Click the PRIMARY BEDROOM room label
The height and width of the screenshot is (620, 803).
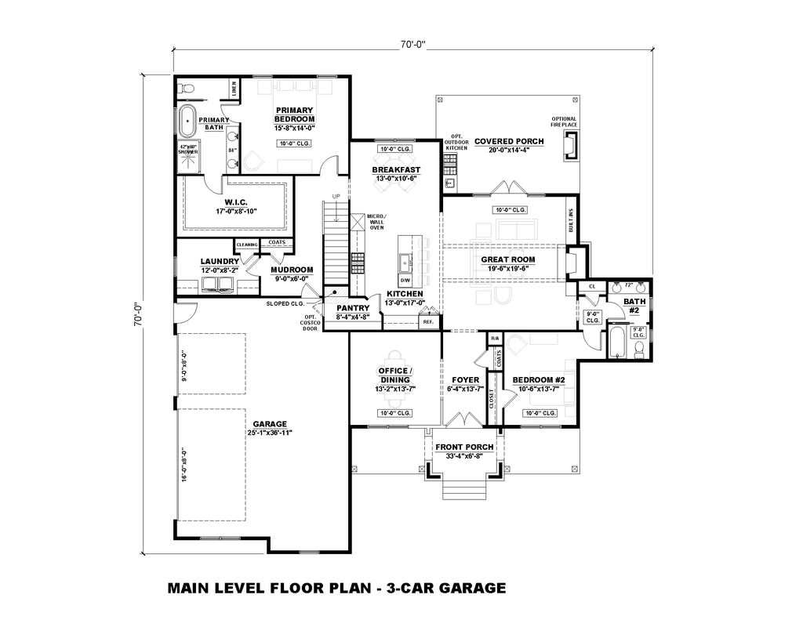click(294, 114)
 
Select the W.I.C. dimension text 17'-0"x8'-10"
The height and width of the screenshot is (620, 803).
click(236, 211)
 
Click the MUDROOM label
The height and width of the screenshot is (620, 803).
click(292, 270)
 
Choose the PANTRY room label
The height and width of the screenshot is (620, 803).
click(352, 308)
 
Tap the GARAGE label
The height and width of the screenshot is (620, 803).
click(269, 423)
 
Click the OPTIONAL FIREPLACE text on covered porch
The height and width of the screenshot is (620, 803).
click(564, 122)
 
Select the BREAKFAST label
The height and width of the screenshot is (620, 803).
click(396, 169)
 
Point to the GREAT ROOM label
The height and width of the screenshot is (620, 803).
click(508, 259)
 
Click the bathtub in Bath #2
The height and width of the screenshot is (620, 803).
click(618, 344)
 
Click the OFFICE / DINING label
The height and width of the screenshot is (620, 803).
click(395, 375)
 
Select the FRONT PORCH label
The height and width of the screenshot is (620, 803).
click(464, 447)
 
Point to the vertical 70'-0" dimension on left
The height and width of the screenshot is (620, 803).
click(136, 314)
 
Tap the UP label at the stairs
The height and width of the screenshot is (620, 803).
click(336, 196)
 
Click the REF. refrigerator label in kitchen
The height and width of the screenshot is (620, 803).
click(428, 321)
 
